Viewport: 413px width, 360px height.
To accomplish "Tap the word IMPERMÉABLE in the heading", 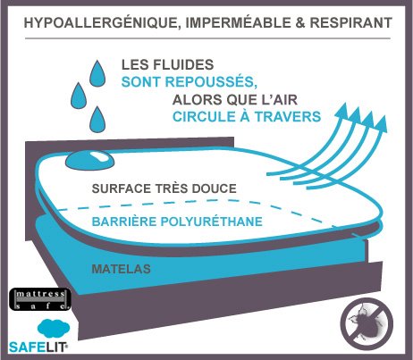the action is point(239,22).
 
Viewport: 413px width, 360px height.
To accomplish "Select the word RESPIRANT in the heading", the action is point(351,22).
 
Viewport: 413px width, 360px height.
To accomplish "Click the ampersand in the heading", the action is point(300,23).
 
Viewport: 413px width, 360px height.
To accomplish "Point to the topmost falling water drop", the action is point(97,74).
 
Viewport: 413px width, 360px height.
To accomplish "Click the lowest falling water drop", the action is point(97,120).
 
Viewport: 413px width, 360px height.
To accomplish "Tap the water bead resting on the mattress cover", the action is point(89,160).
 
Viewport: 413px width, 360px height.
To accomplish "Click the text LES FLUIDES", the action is point(168,65).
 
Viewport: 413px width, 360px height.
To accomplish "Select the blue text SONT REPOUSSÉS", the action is point(190,81).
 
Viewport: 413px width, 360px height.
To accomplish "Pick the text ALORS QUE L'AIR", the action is point(235,100).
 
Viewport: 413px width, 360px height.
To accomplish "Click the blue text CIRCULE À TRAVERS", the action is point(247,116).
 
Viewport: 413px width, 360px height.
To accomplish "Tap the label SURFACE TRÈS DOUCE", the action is point(164,188).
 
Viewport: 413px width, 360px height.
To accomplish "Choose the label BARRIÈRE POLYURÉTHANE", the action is point(177,222).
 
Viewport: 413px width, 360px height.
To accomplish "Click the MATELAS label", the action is point(122,269).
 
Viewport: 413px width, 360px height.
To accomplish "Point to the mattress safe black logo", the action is point(40,299).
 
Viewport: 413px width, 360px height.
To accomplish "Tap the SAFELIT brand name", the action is point(38,347).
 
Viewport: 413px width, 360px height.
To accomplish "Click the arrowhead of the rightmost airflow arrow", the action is point(382,124).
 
